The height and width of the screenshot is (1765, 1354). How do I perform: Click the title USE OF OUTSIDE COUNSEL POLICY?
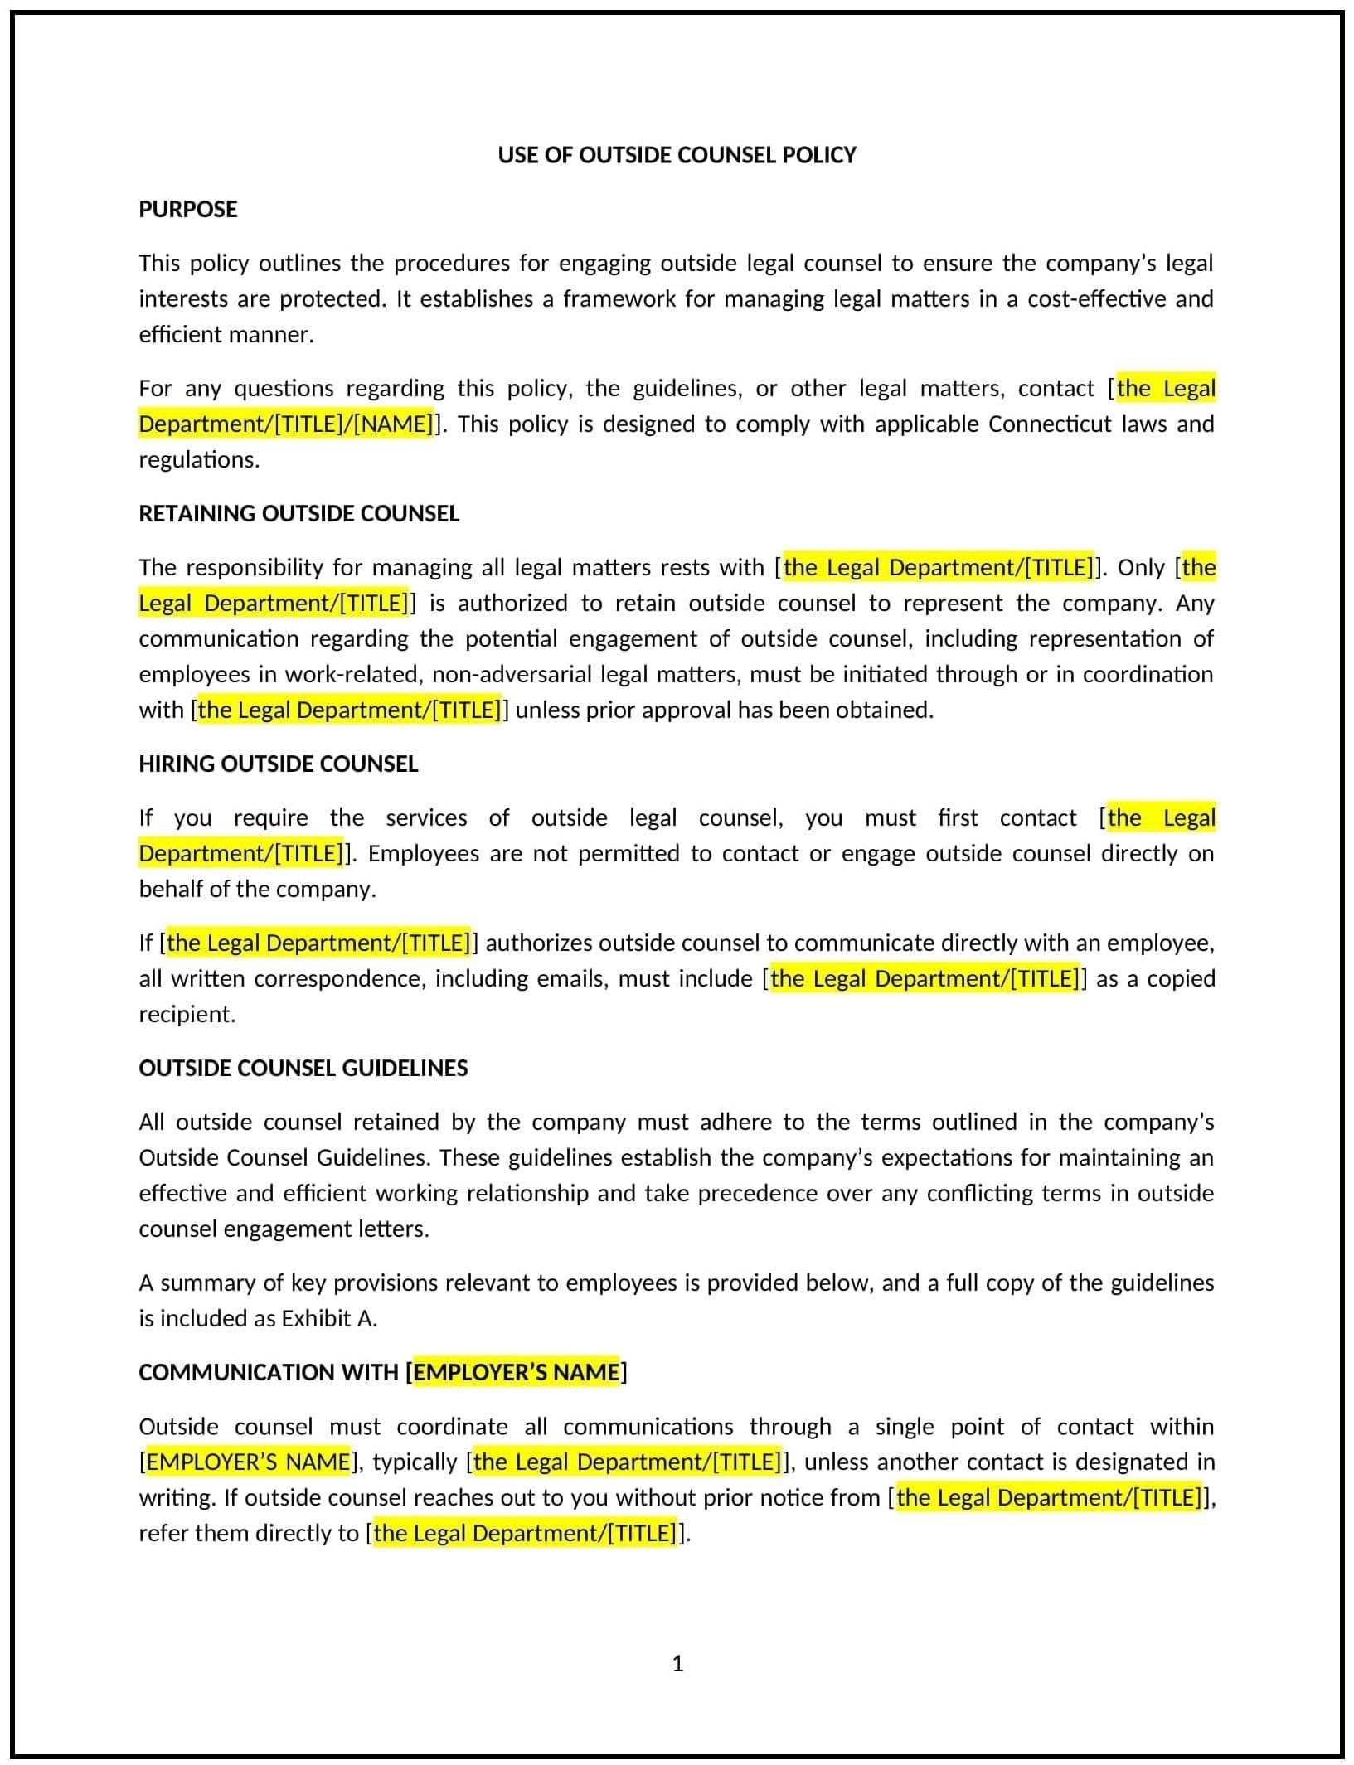coord(677,155)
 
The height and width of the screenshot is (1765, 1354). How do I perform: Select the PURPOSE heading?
coord(187,209)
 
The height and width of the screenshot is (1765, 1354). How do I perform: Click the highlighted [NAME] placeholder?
coord(394,424)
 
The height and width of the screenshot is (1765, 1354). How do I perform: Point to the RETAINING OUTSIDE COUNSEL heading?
coord(298,513)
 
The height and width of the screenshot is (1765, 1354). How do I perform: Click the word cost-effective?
coord(1096,298)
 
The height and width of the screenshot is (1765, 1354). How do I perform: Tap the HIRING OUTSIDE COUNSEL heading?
coord(278,764)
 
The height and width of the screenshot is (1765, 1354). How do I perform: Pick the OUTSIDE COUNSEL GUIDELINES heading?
coord(303,1068)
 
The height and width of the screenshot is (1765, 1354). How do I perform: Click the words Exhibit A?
coord(328,1318)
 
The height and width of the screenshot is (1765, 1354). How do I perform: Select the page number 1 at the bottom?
coord(677,1663)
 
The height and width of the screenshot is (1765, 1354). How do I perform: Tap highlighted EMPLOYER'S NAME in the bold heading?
coord(516,1372)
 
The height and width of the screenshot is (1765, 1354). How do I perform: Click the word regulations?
coord(198,459)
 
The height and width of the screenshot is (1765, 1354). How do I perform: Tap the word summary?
coord(206,1283)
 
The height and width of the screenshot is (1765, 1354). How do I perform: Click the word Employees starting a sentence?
coord(423,853)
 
